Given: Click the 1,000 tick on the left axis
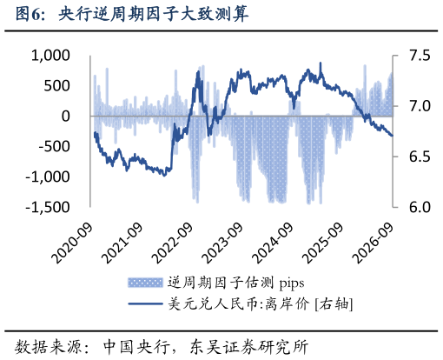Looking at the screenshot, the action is (x=50, y=56).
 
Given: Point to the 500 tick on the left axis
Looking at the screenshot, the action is (x=57, y=86).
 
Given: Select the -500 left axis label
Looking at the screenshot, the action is (x=55, y=146).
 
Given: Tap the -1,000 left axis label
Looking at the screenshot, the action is (x=48, y=177).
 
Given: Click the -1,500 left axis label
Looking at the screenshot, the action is (x=48, y=207).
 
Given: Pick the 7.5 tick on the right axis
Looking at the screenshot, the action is (x=420, y=56).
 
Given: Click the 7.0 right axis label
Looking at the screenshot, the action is (x=420, y=106).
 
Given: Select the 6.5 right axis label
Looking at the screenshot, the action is (x=420, y=157).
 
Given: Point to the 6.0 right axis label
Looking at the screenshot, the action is (x=420, y=207).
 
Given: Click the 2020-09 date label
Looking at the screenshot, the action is (x=73, y=243).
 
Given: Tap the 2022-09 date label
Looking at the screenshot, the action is (x=173, y=243).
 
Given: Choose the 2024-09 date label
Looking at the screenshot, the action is (x=273, y=243).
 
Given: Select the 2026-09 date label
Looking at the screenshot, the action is (x=374, y=243).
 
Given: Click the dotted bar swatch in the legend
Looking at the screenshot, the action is (x=145, y=283).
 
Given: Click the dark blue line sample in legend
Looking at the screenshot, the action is (x=145, y=303).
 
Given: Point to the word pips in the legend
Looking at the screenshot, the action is (x=292, y=283).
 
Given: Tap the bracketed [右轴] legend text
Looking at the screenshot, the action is (x=334, y=304).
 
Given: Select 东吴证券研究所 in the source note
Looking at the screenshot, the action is (x=248, y=347).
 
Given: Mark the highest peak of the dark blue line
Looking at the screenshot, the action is (x=321, y=63).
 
